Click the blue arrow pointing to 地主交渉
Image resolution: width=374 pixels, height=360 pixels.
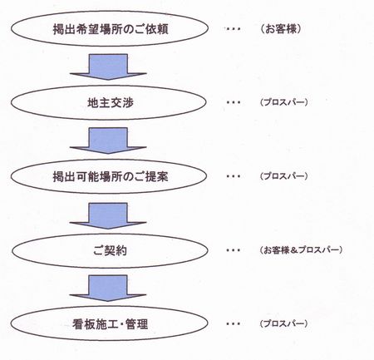108,67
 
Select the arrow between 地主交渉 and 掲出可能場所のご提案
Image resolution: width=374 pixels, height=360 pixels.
108,141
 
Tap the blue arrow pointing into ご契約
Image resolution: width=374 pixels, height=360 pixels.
108,215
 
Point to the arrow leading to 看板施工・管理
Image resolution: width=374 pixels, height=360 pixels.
108,288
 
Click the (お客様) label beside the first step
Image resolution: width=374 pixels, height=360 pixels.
281,29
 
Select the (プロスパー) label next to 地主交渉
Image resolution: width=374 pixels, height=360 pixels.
283,102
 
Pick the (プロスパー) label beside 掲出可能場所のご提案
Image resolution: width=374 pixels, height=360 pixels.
283,176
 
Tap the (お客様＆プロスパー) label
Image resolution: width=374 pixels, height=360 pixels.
301,250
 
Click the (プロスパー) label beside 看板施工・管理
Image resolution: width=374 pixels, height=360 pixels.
283,323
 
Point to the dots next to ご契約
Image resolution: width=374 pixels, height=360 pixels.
233,250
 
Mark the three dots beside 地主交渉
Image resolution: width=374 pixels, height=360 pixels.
233,102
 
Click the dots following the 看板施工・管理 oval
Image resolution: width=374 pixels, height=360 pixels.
233,323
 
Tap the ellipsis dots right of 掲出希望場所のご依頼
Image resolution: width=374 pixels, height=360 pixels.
233,29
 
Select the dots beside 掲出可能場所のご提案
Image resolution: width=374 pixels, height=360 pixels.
233,176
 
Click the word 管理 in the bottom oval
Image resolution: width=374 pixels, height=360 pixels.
136,324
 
